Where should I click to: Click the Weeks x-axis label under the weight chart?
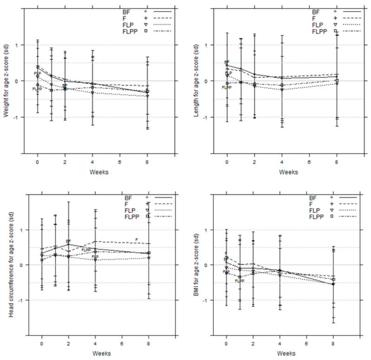click(x=101, y=171)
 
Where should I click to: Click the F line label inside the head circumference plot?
click(x=136, y=240)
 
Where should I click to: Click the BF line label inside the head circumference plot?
click(x=68, y=241)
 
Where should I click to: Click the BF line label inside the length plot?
click(x=227, y=62)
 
